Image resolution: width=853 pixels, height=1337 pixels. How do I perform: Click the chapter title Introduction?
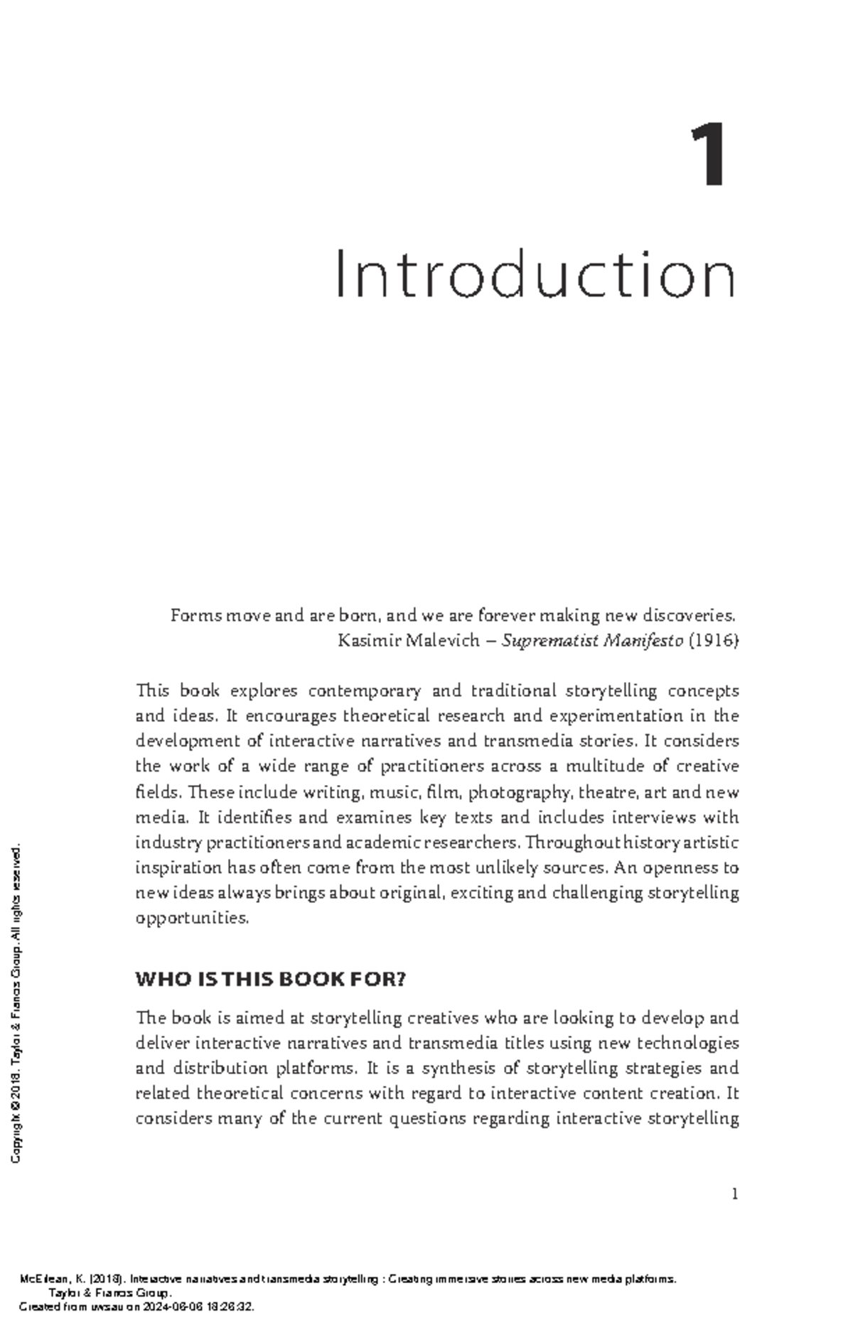pos(536,275)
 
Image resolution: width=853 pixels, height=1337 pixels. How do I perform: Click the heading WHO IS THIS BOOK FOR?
pos(270,980)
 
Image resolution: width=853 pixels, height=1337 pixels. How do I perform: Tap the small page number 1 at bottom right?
pos(735,1194)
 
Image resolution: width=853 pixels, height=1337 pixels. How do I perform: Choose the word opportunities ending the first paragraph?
pos(192,918)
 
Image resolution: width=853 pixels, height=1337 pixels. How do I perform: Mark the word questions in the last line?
pos(433,1119)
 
